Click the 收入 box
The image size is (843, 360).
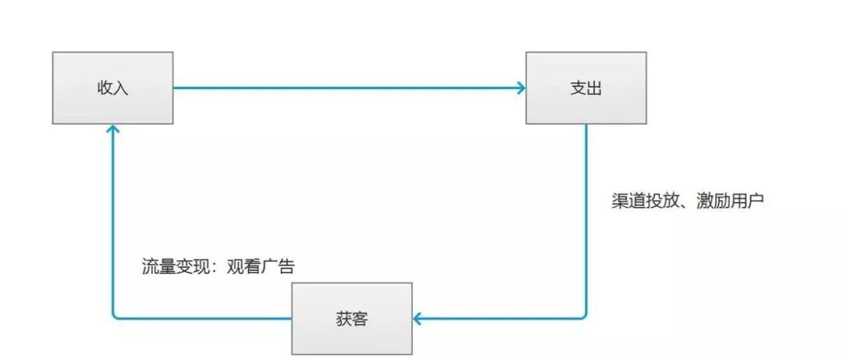point(112,87)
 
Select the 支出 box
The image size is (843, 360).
point(585,87)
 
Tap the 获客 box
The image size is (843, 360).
point(352,319)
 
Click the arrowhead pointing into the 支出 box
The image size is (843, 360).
point(521,87)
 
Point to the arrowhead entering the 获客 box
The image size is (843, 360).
point(418,318)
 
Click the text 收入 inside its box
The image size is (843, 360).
point(112,88)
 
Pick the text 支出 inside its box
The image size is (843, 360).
point(585,88)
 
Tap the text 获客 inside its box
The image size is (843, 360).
point(352,319)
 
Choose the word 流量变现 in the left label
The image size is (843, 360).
point(166,266)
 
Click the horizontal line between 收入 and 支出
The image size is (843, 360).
point(343,87)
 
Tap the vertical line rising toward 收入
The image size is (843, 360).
point(113,226)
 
